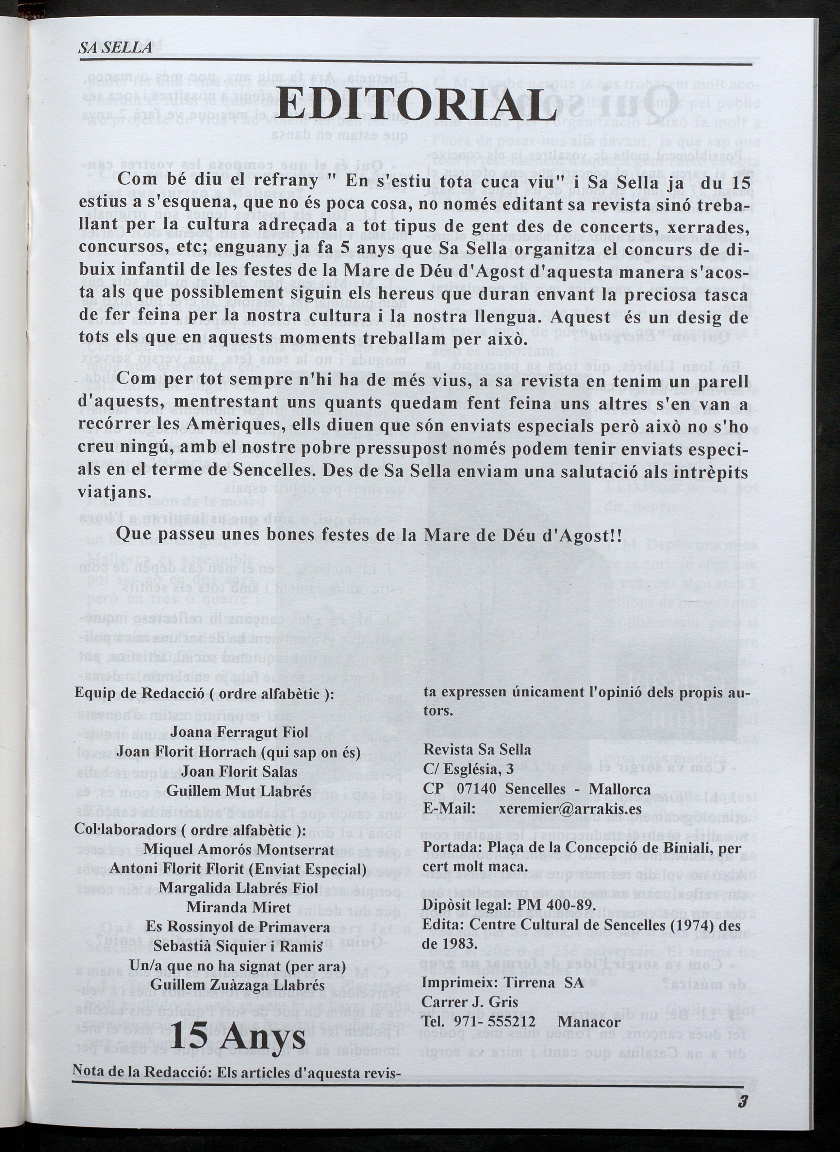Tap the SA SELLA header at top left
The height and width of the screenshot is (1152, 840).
click(115, 49)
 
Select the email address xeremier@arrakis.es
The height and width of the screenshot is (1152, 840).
click(570, 808)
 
